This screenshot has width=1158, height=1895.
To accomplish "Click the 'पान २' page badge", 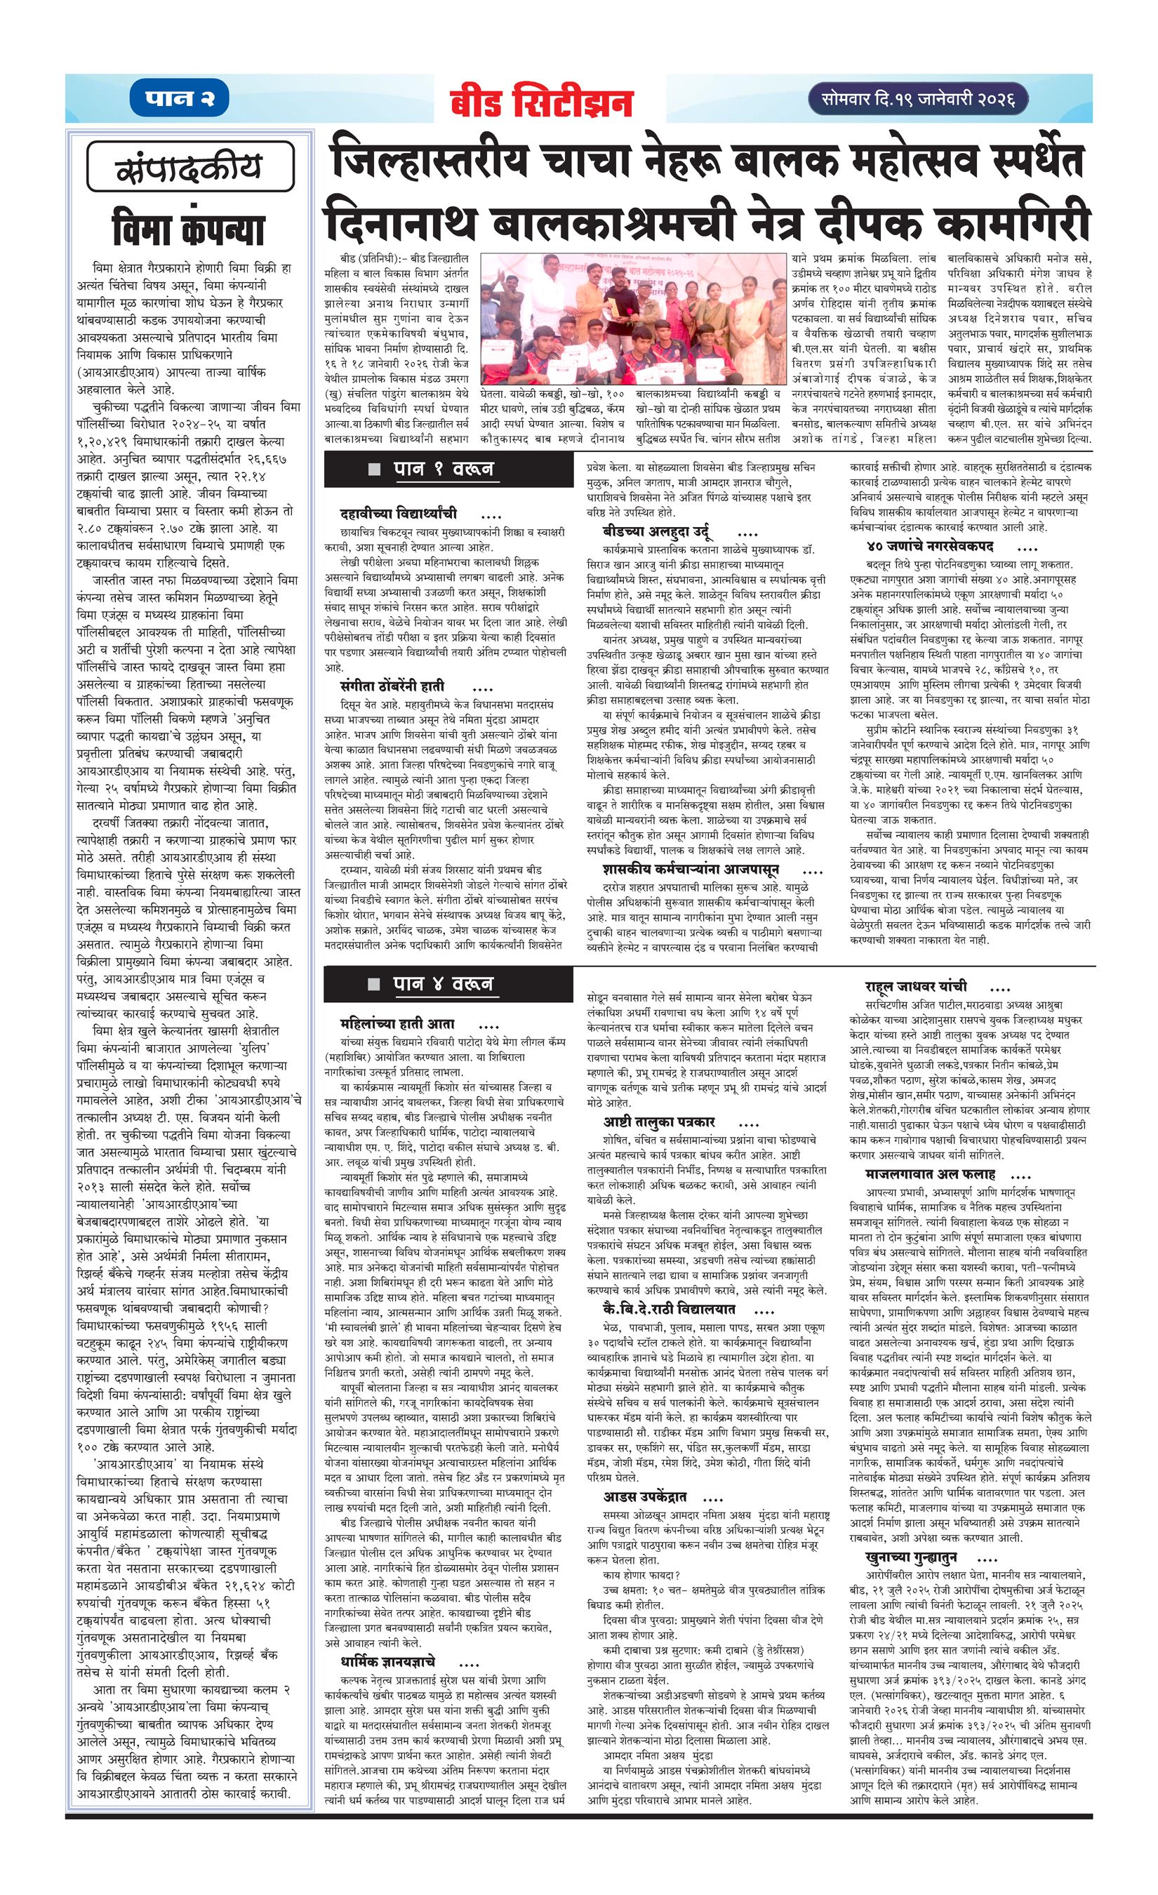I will click(179, 99).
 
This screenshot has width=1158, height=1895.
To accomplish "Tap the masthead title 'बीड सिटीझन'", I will click(541, 103).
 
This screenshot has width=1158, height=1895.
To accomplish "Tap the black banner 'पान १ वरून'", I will click(449, 468).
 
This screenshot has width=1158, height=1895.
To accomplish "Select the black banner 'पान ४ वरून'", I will click(449, 984).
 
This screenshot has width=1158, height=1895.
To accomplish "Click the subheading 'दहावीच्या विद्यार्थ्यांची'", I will click(399, 513).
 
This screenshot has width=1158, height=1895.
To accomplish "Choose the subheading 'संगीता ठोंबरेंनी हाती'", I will click(393, 685).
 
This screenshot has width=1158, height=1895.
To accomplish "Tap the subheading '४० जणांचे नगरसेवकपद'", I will click(929, 546).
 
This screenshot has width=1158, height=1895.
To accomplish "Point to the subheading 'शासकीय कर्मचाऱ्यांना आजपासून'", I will click(691, 869).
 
